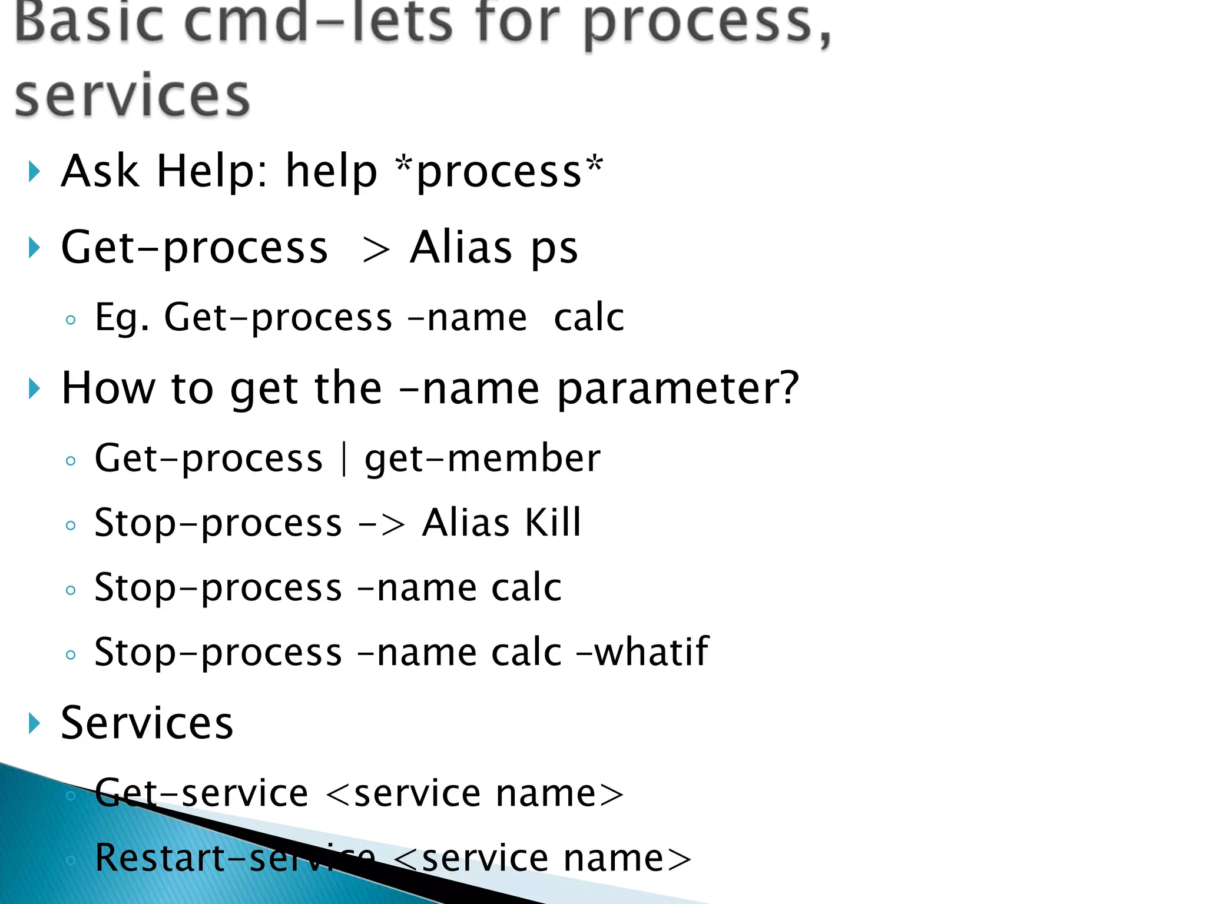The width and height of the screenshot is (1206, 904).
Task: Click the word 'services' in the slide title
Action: click(x=132, y=96)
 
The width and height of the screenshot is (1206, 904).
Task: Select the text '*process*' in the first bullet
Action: click(x=499, y=171)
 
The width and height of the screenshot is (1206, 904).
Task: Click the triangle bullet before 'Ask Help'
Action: click(x=34, y=172)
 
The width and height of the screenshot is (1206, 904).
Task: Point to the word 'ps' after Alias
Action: click(x=554, y=248)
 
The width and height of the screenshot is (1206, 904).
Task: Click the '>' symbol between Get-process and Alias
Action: click(x=376, y=250)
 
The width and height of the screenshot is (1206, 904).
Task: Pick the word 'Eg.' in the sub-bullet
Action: click(x=122, y=318)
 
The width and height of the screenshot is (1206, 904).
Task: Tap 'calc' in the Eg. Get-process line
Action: click(x=588, y=318)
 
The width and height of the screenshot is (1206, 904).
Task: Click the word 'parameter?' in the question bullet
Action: click(x=678, y=389)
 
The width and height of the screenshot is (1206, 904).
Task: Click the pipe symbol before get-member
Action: click(x=344, y=459)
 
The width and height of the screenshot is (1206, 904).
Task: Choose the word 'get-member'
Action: click(x=482, y=459)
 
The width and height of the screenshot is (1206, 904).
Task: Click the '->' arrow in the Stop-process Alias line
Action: click(x=382, y=524)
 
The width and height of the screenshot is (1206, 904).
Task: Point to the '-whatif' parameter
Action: click(x=642, y=652)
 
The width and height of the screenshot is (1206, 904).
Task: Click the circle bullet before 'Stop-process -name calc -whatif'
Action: click(x=71, y=654)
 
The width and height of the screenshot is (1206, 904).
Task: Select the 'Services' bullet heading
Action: click(x=147, y=723)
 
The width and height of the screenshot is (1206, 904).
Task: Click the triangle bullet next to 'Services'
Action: click(x=34, y=723)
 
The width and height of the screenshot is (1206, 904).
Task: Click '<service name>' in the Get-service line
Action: click(x=474, y=793)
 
